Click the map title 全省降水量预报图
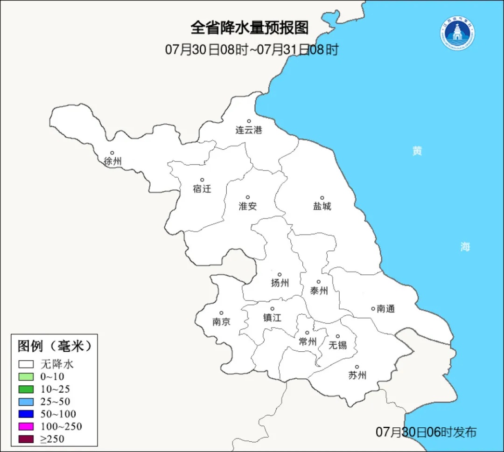(x=250, y=28)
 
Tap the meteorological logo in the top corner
(x=457, y=34)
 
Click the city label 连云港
(x=249, y=130)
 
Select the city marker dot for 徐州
(x=112, y=153)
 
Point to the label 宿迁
(x=202, y=189)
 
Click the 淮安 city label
(x=248, y=206)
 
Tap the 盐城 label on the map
(x=322, y=206)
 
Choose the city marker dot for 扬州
(x=280, y=274)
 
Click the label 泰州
(x=319, y=291)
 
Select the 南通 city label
(x=386, y=308)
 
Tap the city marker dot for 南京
(x=221, y=313)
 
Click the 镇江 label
(x=272, y=318)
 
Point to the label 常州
(x=308, y=342)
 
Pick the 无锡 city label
(x=338, y=345)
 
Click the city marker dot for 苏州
(x=357, y=367)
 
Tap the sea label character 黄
(x=417, y=151)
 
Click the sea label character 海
(x=465, y=247)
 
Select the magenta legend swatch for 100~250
(x=26, y=426)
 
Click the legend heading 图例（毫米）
(x=55, y=346)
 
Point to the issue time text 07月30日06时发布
(x=426, y=432)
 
